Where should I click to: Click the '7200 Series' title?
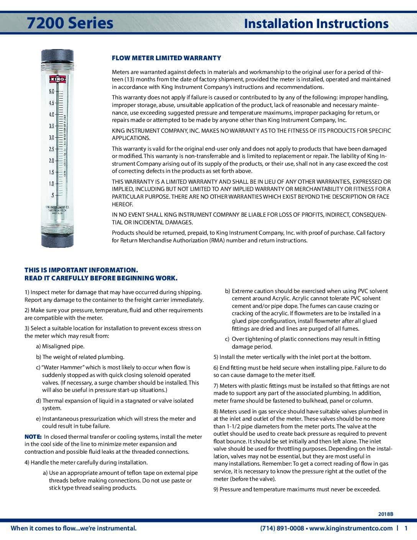click(70, 23)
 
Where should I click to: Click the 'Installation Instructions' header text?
click(316, 23)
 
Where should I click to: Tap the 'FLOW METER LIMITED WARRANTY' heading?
click(166, 58)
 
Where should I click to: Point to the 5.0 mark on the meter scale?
click(51, 92)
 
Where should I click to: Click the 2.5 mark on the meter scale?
click(51, 149)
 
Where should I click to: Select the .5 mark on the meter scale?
click(52, 195)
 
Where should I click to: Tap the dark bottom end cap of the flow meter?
click(57, 240)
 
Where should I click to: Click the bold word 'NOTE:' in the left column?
click(33, 436)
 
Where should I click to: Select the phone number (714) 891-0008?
click(282, 528)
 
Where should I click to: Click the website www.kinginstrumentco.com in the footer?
click(351, 528)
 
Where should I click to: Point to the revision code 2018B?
click(386, 514)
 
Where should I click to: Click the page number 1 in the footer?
click(406, 528)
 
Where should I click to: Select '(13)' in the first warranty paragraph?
click(128, 79)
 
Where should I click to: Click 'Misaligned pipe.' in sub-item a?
click(63, 346)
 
